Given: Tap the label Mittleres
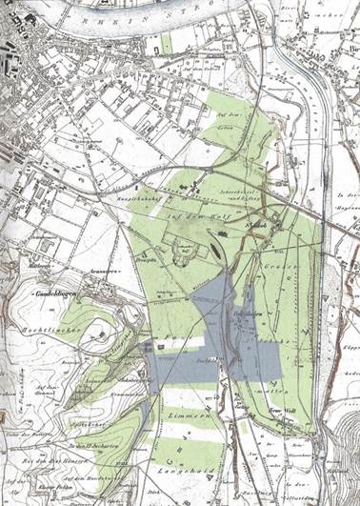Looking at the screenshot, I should point(40,265).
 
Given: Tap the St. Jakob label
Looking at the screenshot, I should point(254,224).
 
